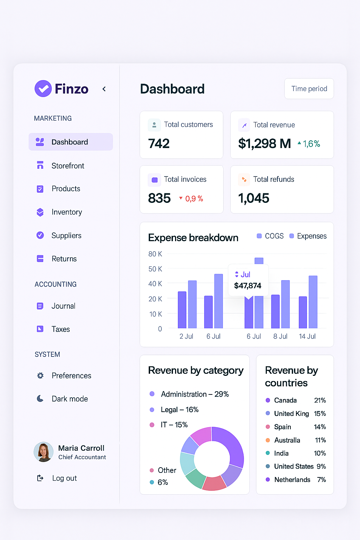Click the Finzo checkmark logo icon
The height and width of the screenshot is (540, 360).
click(43, 89)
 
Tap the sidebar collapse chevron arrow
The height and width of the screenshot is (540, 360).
click(104, 89)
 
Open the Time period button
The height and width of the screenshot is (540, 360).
click(309, 89)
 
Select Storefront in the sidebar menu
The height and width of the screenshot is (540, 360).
click(67, 166)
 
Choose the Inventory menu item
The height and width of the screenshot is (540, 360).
click(66, 212)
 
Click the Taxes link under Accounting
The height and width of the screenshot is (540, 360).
click(60, 329)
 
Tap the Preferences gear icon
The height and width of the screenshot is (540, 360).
click(40, 375)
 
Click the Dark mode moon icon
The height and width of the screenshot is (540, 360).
click(40, 399)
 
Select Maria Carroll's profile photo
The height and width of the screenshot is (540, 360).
click(44, 452)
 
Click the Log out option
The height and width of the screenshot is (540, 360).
click(64, 478)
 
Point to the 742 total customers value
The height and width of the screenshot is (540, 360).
click(159, 143)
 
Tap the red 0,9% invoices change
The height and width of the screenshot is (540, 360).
click(191, 199)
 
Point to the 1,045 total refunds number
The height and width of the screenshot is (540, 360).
click(253, 198)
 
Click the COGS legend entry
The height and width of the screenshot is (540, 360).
click(270, 236)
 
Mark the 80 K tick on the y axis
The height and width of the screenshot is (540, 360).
click(155, 254)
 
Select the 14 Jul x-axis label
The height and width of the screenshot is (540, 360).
click(307, 336)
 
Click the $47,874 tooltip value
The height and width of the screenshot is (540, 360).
click(247, 286)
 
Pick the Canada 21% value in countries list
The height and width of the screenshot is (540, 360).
click(320, 400)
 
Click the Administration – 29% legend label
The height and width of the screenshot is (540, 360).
click(195, 394)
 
